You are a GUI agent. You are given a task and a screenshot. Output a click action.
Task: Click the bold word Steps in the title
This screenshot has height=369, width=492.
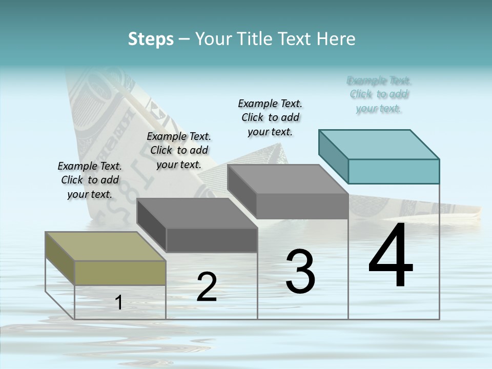pos(151,39)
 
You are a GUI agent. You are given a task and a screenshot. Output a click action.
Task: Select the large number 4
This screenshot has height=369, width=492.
pos(391,256)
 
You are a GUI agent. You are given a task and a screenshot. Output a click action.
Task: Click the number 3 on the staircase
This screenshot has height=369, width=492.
pos(300,271)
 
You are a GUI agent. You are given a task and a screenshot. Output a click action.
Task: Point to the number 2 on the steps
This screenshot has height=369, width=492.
pos(207,287)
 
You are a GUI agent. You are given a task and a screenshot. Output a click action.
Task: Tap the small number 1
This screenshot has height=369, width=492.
pos(119,302)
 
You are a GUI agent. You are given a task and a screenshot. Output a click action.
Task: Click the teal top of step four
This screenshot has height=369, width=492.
pos(379,144)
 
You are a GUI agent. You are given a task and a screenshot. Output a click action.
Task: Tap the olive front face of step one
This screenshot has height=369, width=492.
pos(120,273)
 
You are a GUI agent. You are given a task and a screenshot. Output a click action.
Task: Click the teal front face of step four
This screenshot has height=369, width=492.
pos(394,171)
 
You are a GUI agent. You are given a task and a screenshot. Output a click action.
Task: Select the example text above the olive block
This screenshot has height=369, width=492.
pos(90,180)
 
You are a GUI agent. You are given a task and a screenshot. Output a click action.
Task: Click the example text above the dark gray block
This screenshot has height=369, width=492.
pos(179,150)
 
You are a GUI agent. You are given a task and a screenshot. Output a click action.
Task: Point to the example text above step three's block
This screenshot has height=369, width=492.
pos(270,117)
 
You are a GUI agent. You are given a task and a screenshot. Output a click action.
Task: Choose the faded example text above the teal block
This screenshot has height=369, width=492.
pos(379,94)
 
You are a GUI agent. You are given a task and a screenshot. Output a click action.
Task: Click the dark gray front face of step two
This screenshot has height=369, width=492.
pos(212,240)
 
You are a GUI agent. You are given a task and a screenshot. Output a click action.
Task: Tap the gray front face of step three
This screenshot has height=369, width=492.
pos(302,207)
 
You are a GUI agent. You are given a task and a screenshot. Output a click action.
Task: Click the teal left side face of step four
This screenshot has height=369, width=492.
pos(333,156)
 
